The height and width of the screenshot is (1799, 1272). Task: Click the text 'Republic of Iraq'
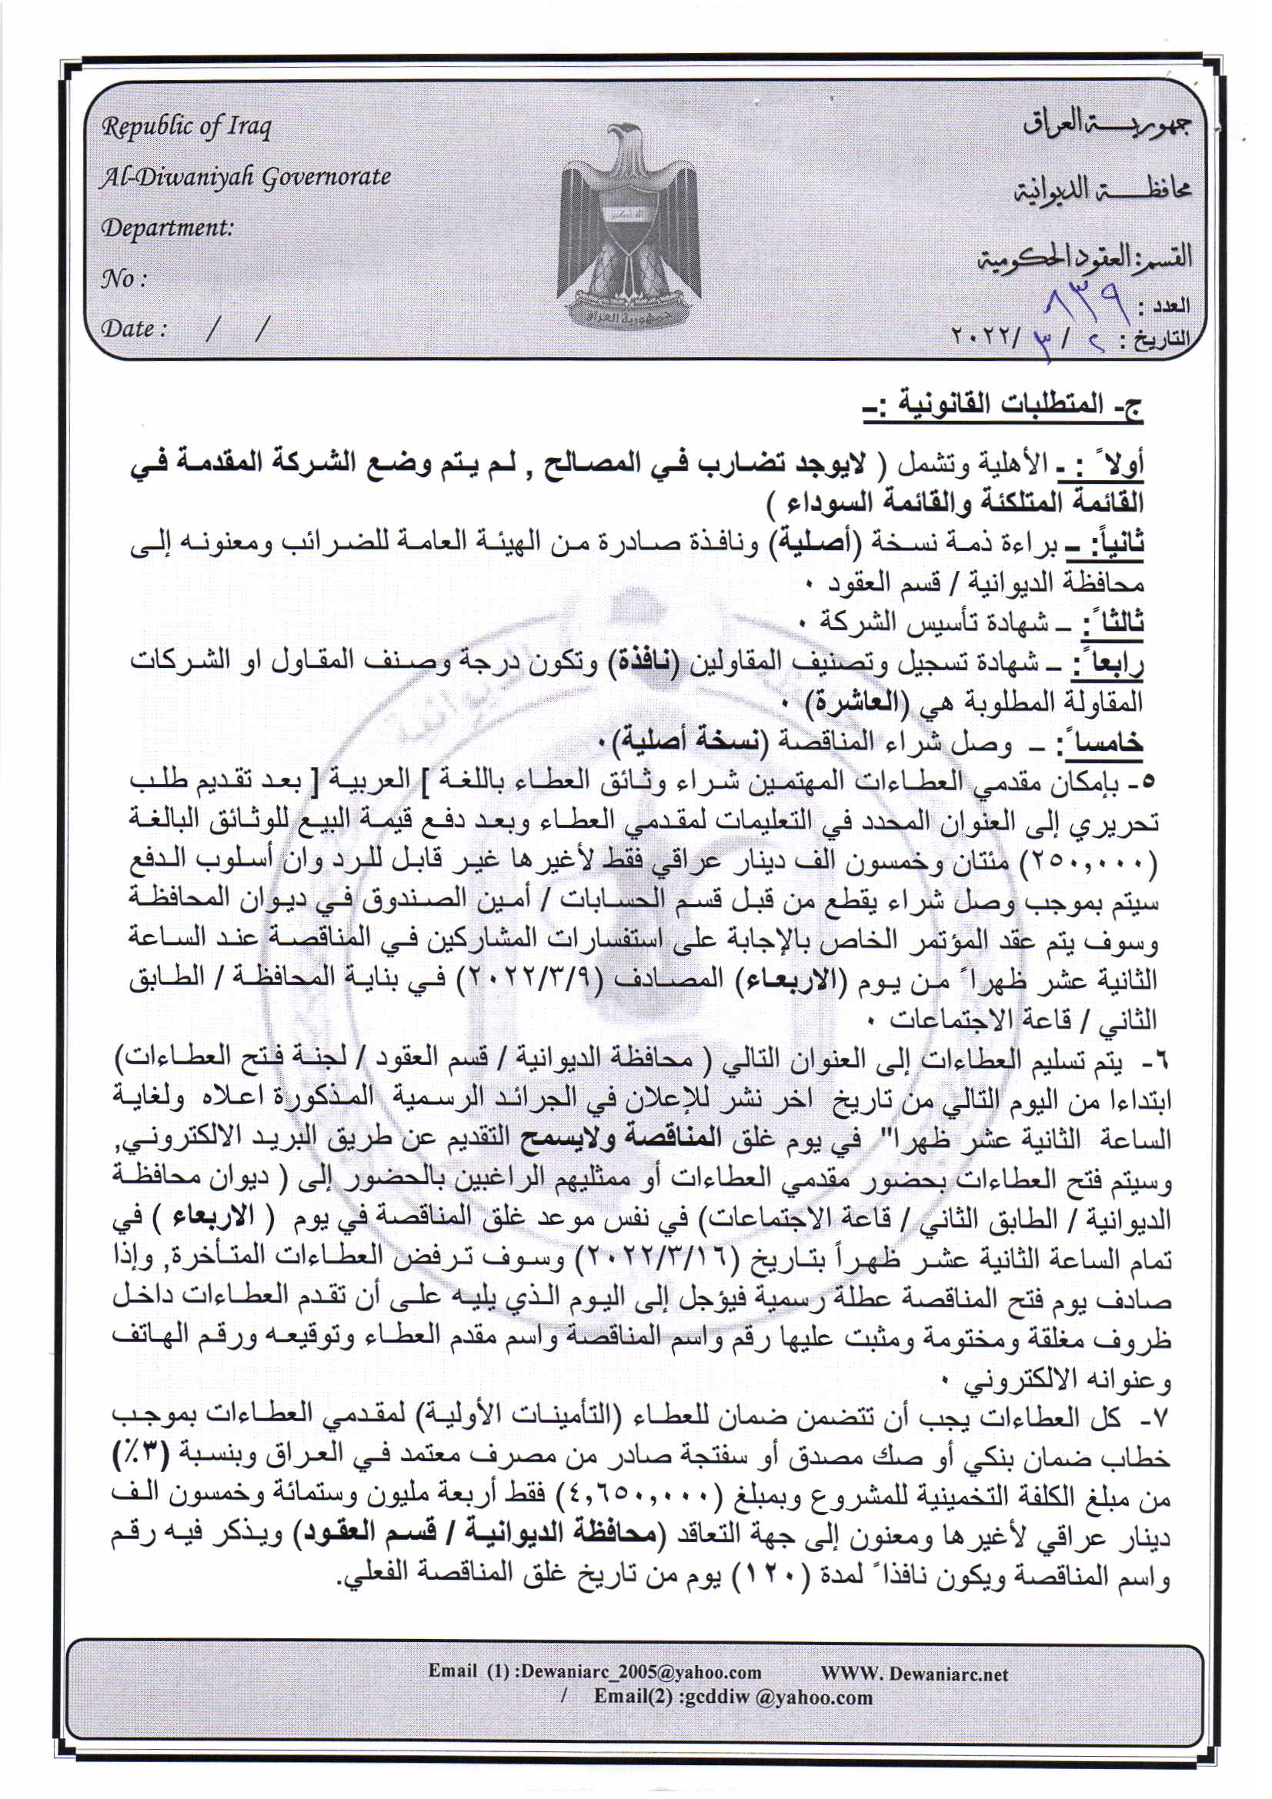tap(185, 127)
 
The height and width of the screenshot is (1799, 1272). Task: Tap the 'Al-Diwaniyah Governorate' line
tap(245, 178)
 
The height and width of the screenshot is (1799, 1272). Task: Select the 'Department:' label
tap(167, 227)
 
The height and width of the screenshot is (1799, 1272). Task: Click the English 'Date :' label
tap(132, 329)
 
